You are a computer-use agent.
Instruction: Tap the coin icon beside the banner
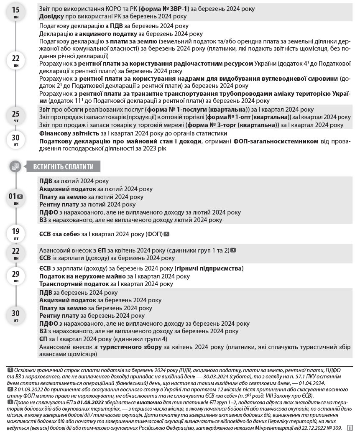click(15, 167)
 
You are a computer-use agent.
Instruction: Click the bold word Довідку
click(52, 16)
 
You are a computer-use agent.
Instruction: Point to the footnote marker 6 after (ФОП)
click(166, 234)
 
